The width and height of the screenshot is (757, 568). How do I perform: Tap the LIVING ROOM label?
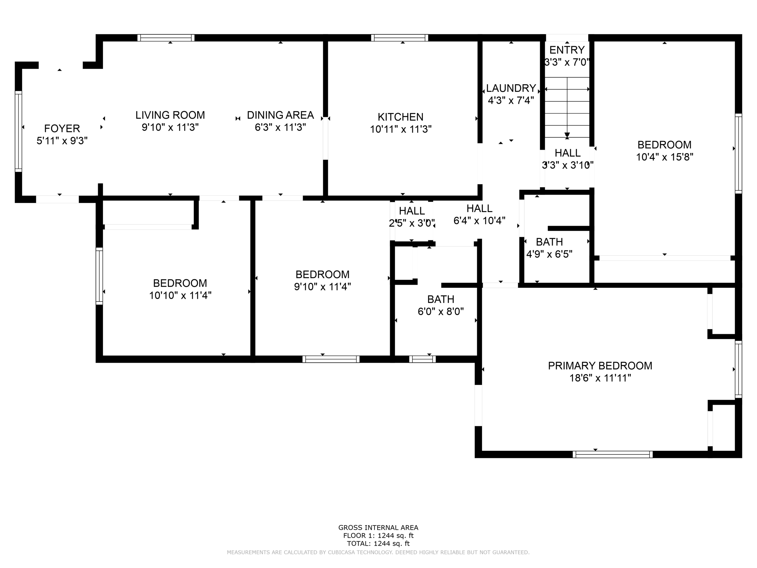[x=170, y=115]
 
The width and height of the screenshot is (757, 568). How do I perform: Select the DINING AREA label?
[x=280, y=115]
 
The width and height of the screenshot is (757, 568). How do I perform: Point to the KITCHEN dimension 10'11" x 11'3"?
[x=401, y=129]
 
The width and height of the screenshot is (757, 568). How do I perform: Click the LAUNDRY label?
[x=511, y=88]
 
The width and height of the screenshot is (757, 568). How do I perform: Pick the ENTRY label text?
[x=567, y=50]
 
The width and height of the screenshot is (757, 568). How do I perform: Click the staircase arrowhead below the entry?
[x=567, y=135]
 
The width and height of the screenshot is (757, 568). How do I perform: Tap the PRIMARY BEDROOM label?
[x=600, y=366]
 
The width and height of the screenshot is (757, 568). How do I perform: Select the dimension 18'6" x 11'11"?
[x=600, y=378]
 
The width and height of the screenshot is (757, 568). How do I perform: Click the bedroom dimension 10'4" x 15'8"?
[x=665, y=157]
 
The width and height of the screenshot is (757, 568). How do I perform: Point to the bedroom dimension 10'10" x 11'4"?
[x=180, y=296]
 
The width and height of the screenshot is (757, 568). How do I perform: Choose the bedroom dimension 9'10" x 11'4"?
[x=322, y=287]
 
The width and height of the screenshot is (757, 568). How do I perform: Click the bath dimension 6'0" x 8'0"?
[x=441, y=312]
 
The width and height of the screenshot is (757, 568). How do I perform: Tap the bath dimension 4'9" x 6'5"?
[x=549, y=254]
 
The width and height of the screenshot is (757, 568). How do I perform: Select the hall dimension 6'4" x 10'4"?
[x=479, y=221]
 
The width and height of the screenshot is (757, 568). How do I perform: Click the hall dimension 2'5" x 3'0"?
[x=412, y=223]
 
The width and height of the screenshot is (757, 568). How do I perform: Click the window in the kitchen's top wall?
[x=400, y=38]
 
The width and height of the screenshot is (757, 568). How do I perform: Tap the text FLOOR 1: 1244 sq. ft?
[x=378, y=536]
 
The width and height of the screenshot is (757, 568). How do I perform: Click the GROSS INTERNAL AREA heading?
[x=378, y=527]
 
